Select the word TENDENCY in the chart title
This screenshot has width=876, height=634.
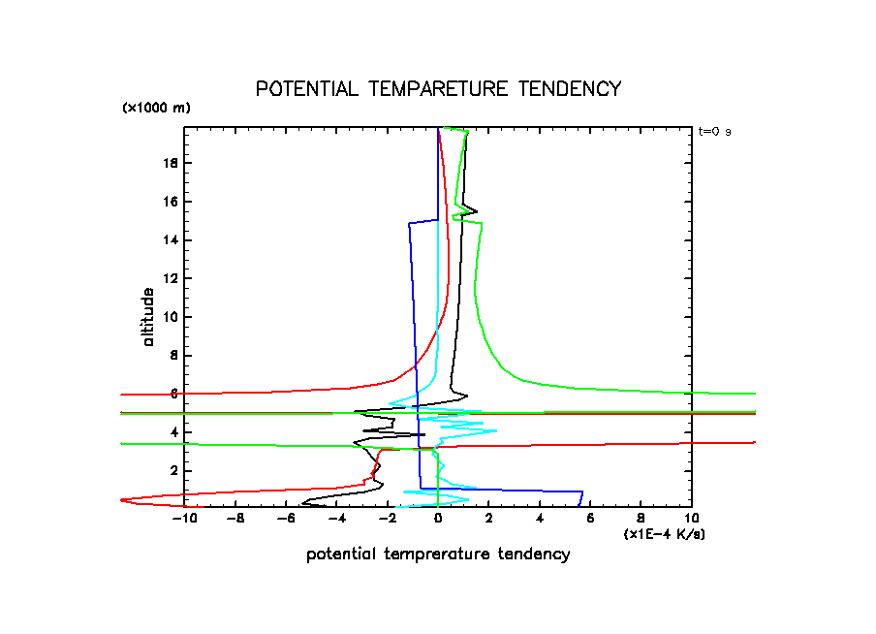coord(569,89)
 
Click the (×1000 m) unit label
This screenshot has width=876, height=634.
coord(156,108)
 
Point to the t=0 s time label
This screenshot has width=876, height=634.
coord(714,132)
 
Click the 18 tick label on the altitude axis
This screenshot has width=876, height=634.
coord(170,163)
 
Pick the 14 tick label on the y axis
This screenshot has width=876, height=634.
coord(170,240)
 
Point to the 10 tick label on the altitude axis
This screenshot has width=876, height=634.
coord(170,317)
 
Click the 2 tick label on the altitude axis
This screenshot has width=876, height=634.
coord(173,471)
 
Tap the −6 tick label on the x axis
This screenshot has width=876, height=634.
coord(286,519)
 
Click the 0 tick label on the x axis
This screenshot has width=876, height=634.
coord(439,519)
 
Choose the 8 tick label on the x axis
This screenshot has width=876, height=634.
coord(641,519)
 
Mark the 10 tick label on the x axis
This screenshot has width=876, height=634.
coord(691,519)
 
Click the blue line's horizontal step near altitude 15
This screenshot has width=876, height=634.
coord(423,222)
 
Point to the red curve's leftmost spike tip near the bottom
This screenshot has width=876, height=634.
coord(122,499)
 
